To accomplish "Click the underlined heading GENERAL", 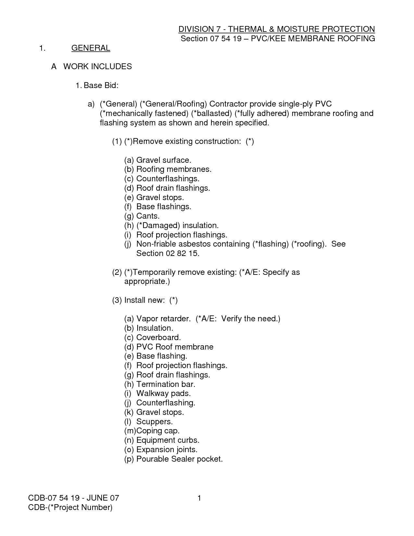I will pos(91,48).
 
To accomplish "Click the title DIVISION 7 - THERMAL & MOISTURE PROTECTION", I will pos(277,29).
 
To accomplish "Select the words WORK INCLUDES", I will pos(97,67).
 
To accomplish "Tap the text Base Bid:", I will pos(101,85).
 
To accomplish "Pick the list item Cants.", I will pos(148,216).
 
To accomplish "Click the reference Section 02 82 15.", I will pos(168,253).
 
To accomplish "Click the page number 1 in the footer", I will pos(199,498).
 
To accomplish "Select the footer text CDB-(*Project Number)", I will pos(70,507).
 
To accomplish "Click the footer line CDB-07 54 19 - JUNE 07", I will pos(74,498).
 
